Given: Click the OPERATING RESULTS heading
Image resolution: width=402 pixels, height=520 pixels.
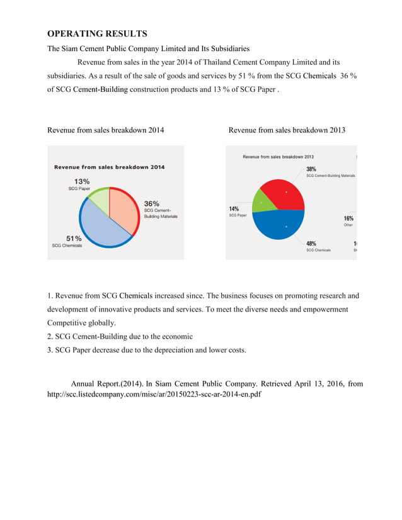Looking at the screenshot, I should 97,33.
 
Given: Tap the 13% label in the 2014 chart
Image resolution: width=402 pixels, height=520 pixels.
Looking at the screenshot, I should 82,181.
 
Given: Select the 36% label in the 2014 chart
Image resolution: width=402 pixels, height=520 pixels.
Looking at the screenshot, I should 151,203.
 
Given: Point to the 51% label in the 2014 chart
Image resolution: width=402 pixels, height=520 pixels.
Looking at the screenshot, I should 74,239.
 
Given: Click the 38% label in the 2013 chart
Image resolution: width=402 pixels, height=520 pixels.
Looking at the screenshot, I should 311,169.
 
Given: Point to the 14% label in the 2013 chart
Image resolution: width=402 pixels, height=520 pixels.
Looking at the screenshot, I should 234,208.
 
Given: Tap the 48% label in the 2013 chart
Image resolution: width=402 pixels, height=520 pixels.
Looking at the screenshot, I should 311,243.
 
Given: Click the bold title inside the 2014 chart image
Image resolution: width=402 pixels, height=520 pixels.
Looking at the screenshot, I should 109,167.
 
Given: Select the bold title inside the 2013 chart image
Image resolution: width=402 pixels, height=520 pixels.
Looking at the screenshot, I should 278,157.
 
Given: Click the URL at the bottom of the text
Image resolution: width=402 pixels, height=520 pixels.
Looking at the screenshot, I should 154,395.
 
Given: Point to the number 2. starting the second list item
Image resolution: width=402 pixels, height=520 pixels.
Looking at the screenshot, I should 51,336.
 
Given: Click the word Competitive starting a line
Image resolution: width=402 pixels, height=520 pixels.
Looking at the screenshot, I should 69,322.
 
